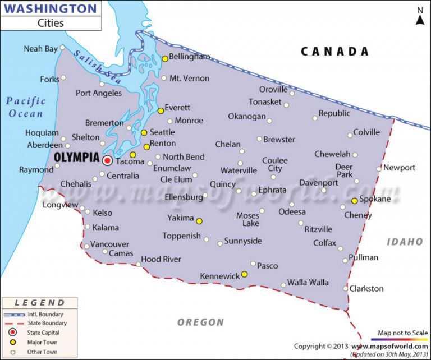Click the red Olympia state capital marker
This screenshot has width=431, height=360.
point(107,160)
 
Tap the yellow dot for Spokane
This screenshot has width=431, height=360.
point(354,201)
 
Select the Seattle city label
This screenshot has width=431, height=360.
point(162,132)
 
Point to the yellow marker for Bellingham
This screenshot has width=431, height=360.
point(164,58)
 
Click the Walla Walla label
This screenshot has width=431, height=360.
point(308,283)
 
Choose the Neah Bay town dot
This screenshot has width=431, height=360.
point(63,49)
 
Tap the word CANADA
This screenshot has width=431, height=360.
point(334,52)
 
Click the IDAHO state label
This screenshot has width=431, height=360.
point(405,242)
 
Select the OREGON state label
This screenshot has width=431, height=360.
point(201,322)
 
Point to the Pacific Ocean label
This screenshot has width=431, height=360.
point(25,107)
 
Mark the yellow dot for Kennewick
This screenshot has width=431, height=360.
point(245,274)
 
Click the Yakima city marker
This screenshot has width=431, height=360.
point(199,221)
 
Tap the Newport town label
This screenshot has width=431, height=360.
point(400,168)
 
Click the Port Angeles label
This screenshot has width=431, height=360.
point(99,93)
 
